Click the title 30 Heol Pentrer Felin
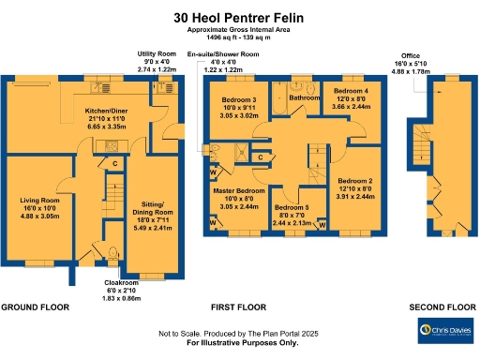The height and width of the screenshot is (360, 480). [x=239, y=17]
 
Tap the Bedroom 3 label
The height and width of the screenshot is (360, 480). [x=239, y=100]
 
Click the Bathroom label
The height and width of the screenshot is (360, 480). [x=305, y=97]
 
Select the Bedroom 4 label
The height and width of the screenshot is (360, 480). [x=352, y=92]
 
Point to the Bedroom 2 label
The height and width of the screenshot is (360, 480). [x=355, y=180]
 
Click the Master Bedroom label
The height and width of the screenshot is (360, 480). [x=236, y=190]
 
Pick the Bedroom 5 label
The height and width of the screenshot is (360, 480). [x=291, y=207]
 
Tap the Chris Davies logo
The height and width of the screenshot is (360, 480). [x=445, y=330]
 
